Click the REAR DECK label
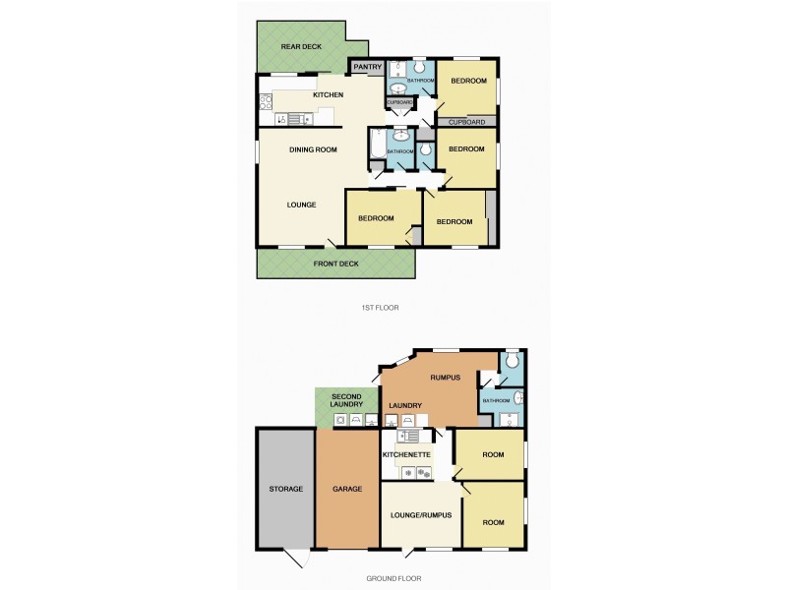tap(301, 46)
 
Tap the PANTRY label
tap(367, 67)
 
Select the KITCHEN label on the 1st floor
tap(328, 94)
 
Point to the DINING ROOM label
tap(313, 149)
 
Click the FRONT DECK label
tap(335, 264)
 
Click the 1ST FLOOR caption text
tap(380, 308)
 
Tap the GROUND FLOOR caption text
tap(393, 578)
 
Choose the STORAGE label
tap(285, 489)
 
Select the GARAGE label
tap(347, 489)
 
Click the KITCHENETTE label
tap(406, 455)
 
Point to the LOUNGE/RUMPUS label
tap(421, 515)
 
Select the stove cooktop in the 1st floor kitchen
tap(266, 99)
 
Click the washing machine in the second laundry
tap(340, 420)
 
